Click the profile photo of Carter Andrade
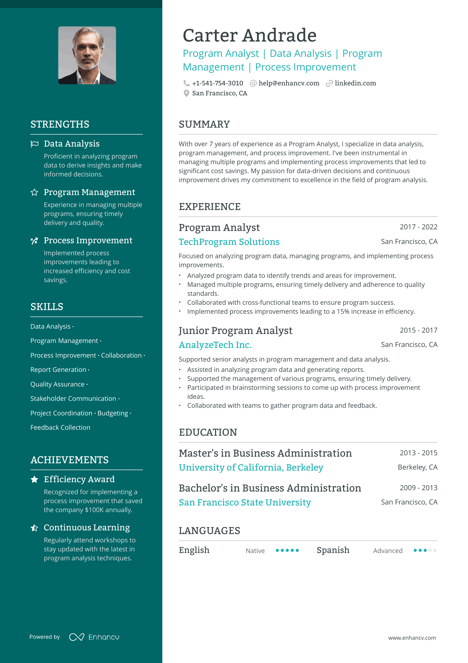(x=87, y=55)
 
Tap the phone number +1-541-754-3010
(x=217, y=83)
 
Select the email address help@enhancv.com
(x=289, y=83)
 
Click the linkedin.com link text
(x=355, y=83)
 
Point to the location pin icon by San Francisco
(x=187, y=93)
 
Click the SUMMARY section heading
(x=204, y=124)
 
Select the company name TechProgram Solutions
(x=229, y=242)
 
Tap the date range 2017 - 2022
(x=418, y=227)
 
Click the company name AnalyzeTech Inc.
(x=215, y=345)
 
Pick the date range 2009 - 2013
(x=418, y=488)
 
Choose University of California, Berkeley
(x=251, y=468)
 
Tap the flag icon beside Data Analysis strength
(x=35, y=144)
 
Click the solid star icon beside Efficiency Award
(x=35, y=479)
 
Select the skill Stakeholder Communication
(x=73, y=398)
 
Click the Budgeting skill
(x=113, y=413)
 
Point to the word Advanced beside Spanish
(x=387, y=551)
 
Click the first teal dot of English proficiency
(x=277, y=550)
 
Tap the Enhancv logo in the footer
(x=94, y=637)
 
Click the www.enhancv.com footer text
(x=412, y=638)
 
